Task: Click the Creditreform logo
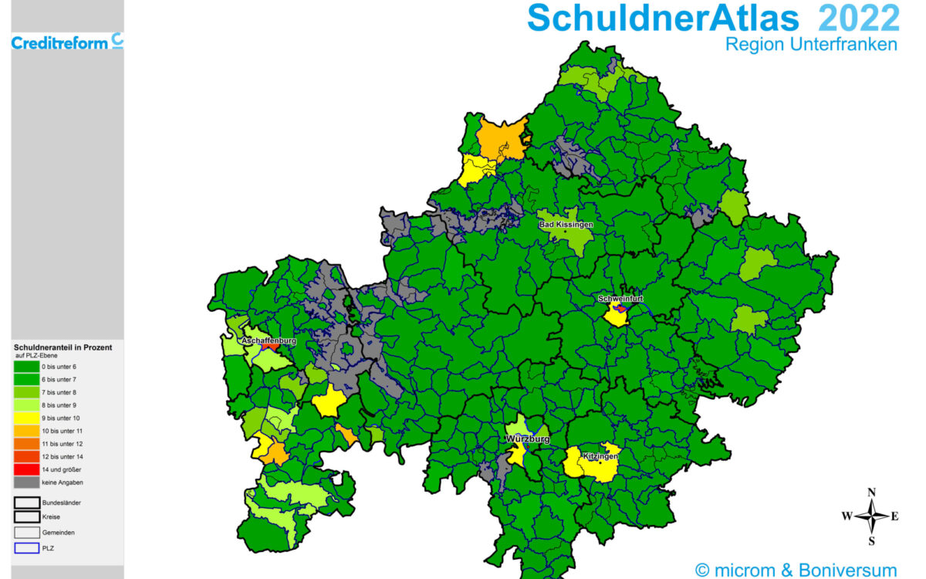coord(67,42)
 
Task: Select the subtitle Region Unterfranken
coord(811,45)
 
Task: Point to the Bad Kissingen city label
coord(566,224)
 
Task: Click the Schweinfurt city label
coord(620,298)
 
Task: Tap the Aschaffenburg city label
coord(270,340)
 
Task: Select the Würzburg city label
coord(528,438)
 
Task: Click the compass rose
coord(871,516)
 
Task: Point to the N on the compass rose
coord(871,493)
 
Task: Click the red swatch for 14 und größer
coord(26,469)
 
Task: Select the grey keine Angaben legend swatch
coord(26,482)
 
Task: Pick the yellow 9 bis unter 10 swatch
coord(26,418)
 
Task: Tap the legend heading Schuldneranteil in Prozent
coord(63,347)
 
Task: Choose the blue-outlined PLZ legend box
coord(26,548)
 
